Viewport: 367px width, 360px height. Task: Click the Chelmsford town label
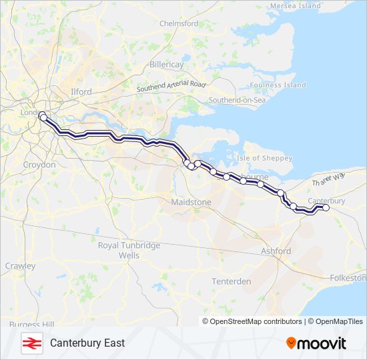[x=179, y=23]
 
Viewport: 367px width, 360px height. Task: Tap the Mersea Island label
[x=295, y=6]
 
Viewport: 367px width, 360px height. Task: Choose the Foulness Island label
[x=278, y=85]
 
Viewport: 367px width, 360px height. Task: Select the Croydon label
[x=39, y=164]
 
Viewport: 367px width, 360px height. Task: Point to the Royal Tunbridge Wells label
[x=129, y=250]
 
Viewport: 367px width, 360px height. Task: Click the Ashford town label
[x=276, y=251]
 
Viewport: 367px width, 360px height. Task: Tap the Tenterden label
[x=232, y=281]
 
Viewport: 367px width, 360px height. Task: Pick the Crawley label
[x=21, y=266]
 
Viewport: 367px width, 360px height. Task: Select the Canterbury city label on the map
[x=328, y=201]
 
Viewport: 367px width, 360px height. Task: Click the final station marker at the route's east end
[x=326, y=208]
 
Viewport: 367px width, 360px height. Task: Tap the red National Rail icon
[x=30, y=343]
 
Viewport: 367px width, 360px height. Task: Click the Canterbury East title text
[x=87, y=343]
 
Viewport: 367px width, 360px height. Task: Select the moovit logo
[x=316, y=343]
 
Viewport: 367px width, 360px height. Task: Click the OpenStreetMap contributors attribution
[x=256, y=321]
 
